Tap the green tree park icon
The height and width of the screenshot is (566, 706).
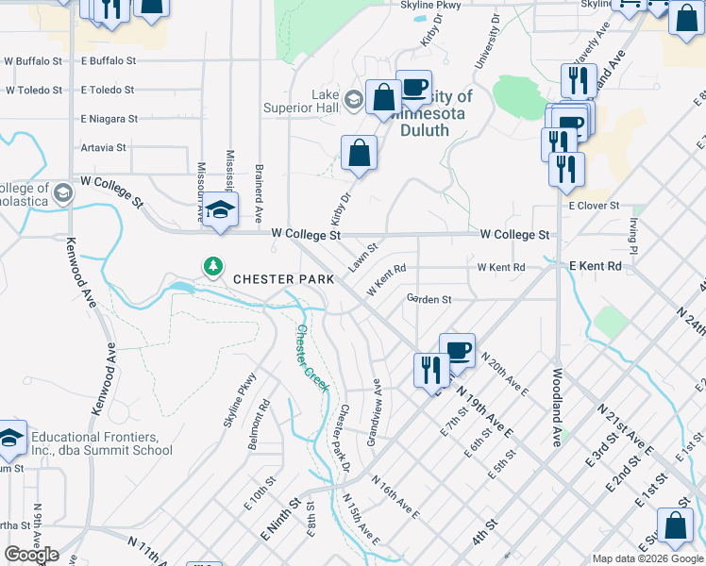(x=214, y=267)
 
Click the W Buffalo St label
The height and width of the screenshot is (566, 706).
(x=33, y=61)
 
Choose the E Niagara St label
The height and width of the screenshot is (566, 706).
(x=109, y=120)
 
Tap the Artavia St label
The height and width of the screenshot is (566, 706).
(x=104, y=148)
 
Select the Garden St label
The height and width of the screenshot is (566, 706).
(x=429, y=299)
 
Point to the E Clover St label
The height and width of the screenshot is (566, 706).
(x=594, y=206)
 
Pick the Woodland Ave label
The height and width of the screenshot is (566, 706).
(x=558, y=407)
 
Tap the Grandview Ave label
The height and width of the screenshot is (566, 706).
(x=375, y=412)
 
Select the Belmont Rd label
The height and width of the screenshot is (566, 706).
(x=258, y=424)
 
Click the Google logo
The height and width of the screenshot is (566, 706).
(x=31, y=555)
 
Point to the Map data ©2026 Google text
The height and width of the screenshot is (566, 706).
(x=648, y=558)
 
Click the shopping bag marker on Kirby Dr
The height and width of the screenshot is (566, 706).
(x=359, y=154)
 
